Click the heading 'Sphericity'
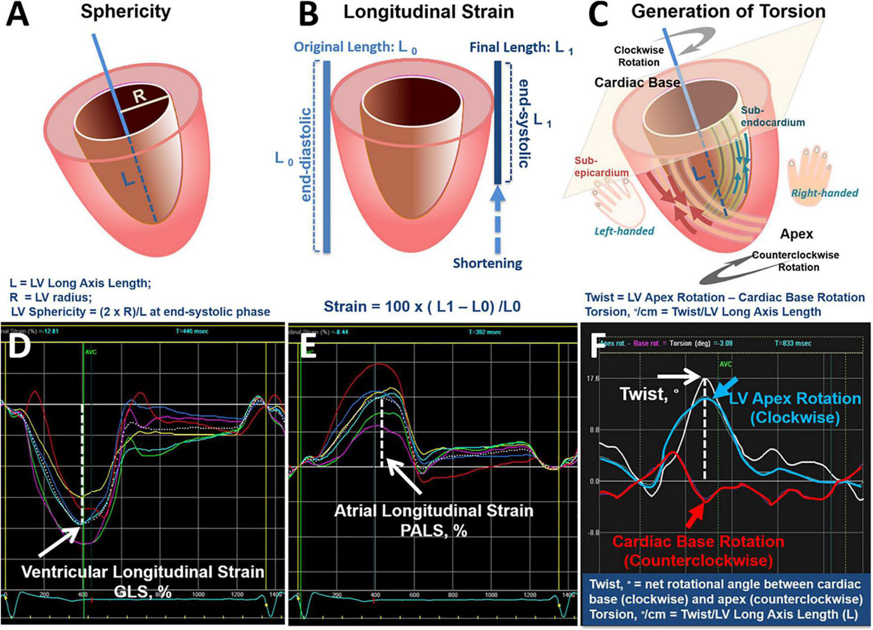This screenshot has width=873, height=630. (126, 11)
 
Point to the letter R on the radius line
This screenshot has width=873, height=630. (140, 95)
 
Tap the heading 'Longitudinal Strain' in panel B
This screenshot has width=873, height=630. (428, 12)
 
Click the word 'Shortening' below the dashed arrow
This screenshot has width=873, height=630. (487, 263)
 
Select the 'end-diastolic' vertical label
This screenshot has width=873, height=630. (306, 155)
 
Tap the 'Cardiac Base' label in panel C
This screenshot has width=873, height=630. (637, 82)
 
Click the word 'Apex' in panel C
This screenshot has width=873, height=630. (796, 233)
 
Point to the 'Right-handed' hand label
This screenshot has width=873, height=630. (824, 193)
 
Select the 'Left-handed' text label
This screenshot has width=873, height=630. (624, 231)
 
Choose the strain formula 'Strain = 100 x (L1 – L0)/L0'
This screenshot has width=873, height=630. (422, 306)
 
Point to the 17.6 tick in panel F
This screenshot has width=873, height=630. (593, 379)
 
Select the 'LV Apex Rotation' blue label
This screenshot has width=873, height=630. (795, 398)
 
